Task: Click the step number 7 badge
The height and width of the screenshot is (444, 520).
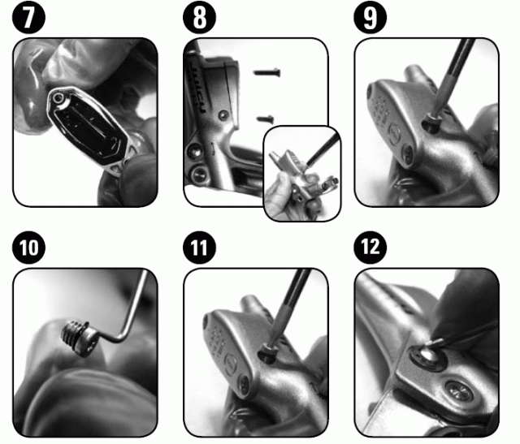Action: tap(28, 17)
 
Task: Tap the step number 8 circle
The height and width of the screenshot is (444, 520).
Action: tap(199, 17)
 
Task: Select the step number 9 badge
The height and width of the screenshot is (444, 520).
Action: tap(370, 17)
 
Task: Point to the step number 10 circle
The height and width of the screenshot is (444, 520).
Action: tap(28, 248)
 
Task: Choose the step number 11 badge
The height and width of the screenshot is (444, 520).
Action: tap(199, 248)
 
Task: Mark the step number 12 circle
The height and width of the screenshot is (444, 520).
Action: tap(370, 248)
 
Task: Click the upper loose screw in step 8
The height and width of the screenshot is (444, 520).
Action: tap(267, 72)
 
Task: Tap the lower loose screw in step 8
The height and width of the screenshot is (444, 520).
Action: tap(265, 119)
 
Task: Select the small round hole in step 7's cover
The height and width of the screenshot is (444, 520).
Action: tap(58, 97)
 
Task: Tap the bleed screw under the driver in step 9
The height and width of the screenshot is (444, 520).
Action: tap(431, 122)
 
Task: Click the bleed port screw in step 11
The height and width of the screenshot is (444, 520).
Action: tap(268, 354)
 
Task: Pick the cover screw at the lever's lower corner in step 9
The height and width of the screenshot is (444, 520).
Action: tap(407, 153)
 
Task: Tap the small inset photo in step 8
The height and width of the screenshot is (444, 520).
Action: tap(301, 173)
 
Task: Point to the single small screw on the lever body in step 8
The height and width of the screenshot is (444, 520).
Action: tap(223, 114)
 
